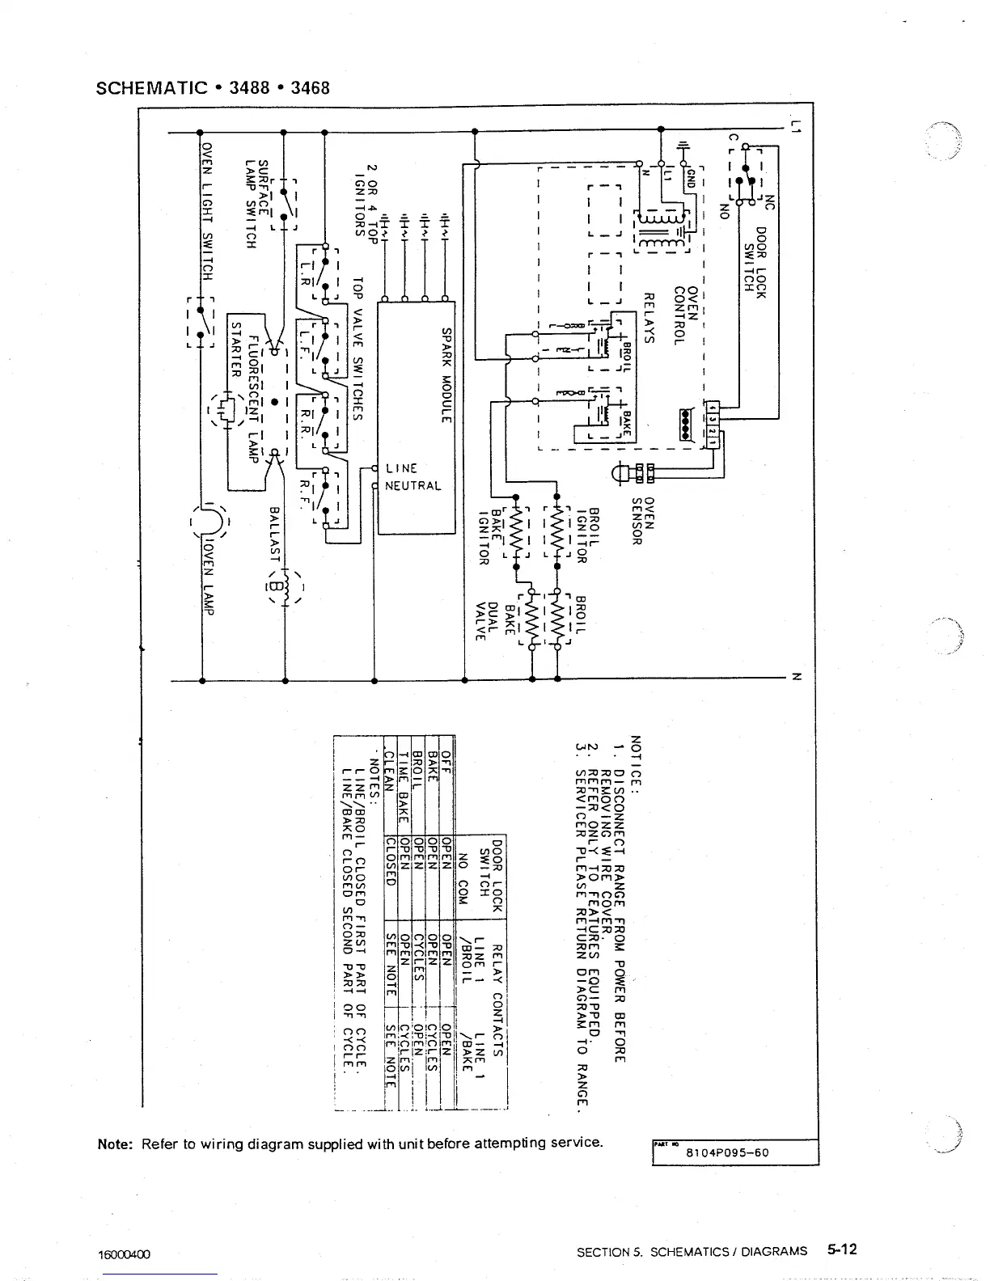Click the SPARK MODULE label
(x=446, y=374)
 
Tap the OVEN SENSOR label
(x=642, y=520)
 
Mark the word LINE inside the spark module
(x=401, y=468)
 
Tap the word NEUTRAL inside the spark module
(x=413, y=486)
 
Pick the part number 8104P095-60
(x=727, y=1152)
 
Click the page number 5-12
(x=841, y=1249)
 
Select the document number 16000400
(x=124, y=1254)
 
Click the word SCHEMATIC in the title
(x=152, y=87)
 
